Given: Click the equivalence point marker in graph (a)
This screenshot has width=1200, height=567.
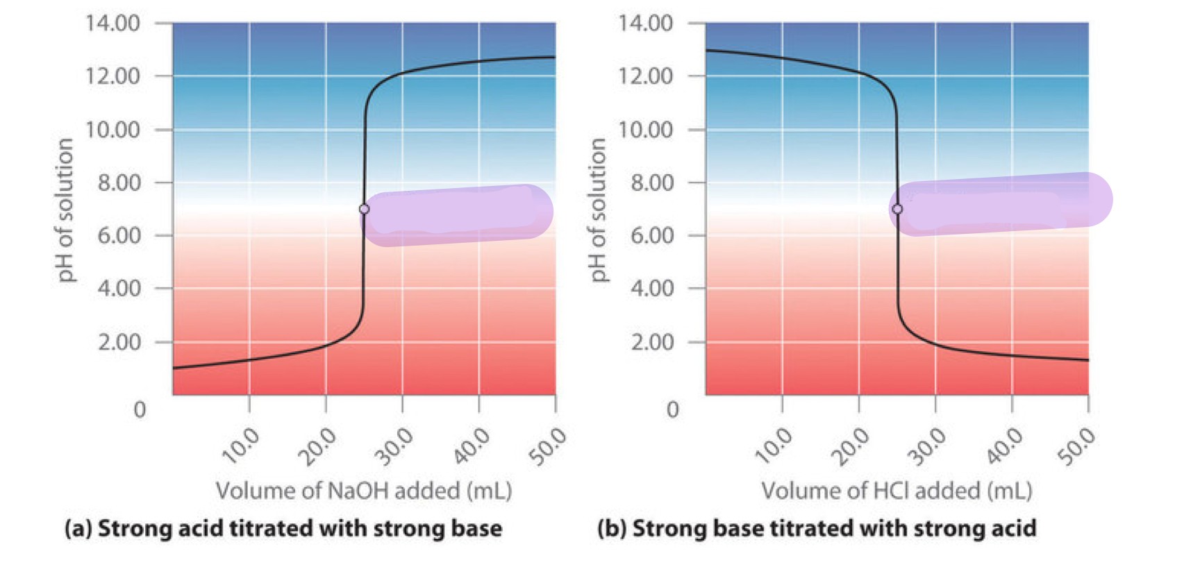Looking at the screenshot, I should pyautogui.click(x=364, y=209).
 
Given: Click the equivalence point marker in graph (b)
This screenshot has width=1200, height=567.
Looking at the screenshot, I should pyautogui.click(x=897, y=209).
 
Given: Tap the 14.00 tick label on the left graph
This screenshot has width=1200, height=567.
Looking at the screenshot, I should pyautogui.click(x=112, y=24).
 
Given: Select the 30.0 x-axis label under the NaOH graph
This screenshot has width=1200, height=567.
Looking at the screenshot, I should pyautogui.click(x=394, y=446).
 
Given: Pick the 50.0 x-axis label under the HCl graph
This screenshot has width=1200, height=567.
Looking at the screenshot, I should pyautogui.click(x=1076, y=446).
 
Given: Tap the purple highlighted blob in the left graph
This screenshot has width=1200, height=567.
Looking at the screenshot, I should pyautogui.click(x=458, y=215).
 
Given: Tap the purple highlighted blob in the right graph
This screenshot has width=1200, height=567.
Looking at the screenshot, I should pyautogui.click(x=1000, y=204).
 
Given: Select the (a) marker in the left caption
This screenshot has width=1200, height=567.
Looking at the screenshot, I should pyautogui.click(x=78, y=529).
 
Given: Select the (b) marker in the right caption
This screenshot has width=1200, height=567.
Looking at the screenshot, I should pyautogui.click(x=612, y=529).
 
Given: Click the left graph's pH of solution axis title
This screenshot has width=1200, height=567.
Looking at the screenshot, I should pyautogui.click(x=65, y=210).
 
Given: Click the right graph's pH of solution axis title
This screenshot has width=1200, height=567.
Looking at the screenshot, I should pyautogui.click(x=598, y=210).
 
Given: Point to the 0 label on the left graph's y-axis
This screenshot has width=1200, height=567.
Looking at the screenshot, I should pyautogui.click(x=140, y=409).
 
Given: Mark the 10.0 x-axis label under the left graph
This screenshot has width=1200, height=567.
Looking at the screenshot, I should pyautogui.click(x=240, y=446).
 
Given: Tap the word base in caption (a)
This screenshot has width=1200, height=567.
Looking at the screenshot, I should pyautogui.click(x=476, y=529).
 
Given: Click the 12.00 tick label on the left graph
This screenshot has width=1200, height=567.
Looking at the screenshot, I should pyautogui.click(x=112, y=76).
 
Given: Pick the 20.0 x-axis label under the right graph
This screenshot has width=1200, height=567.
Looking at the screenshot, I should pyautogui.click(x=851, y=446).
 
